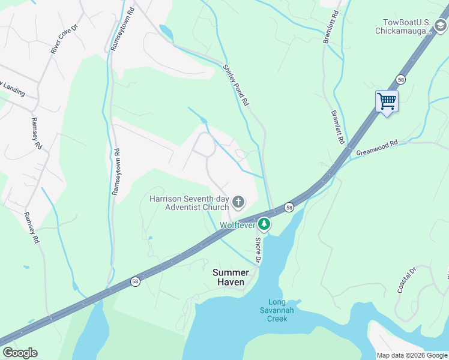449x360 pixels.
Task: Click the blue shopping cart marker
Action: pos(387,101)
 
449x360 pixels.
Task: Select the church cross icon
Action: pos(238,202)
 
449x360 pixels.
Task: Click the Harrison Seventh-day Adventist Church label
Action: pos(189,203)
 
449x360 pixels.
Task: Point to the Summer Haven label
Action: pos(231,277)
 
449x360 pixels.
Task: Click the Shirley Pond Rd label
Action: pos(236,85)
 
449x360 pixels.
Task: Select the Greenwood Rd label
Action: pos(377,149)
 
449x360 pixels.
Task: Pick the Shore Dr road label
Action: pos(258,251)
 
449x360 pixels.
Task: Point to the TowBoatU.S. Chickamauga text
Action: pos(403,26)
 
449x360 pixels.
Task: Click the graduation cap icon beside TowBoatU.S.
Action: pos(441,25)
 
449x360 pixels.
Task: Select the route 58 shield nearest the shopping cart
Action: pos(400,79)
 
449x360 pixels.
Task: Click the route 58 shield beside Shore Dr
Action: pos(289,207)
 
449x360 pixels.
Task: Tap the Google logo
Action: pos(20,353)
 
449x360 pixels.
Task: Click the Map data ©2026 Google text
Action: pos(412,355)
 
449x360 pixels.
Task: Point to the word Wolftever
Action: pos(237,225)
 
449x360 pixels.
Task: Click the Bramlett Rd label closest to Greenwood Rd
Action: pos(338,127)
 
